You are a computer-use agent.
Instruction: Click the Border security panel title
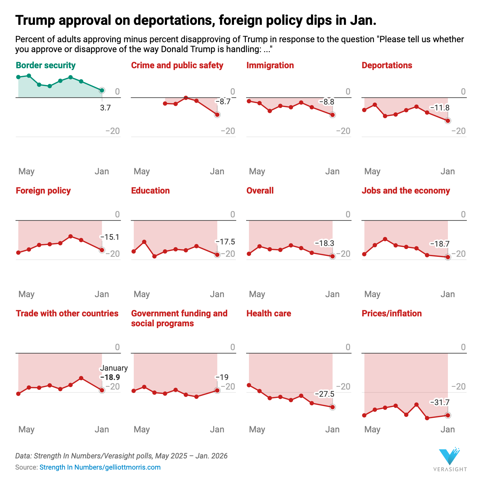[46, 65]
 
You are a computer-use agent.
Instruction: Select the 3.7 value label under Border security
[105, 108]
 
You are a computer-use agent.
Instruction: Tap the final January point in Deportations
[448, 121]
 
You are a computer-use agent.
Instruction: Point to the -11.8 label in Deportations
[440, 108]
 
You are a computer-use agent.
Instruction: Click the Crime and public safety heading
[177, 65]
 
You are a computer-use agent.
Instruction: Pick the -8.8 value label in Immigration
[327, 102]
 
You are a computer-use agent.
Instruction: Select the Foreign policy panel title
[43, 190]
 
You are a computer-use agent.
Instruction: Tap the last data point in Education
[217, 255]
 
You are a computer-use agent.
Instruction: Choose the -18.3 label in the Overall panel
[324, 243]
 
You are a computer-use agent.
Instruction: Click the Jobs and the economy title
[406, 190]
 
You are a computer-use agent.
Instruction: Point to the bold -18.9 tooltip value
[110, 377]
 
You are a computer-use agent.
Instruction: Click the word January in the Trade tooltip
[114, 368]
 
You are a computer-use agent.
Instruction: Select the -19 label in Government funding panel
[222, 377]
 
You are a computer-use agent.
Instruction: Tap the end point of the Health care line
[332, 407]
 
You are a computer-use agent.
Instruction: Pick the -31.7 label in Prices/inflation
[440, 403]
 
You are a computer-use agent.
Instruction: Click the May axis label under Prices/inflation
[372, 430]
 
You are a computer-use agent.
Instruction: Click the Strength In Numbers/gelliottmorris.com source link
[100, 467]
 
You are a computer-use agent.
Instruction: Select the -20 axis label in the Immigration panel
[343, 131]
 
